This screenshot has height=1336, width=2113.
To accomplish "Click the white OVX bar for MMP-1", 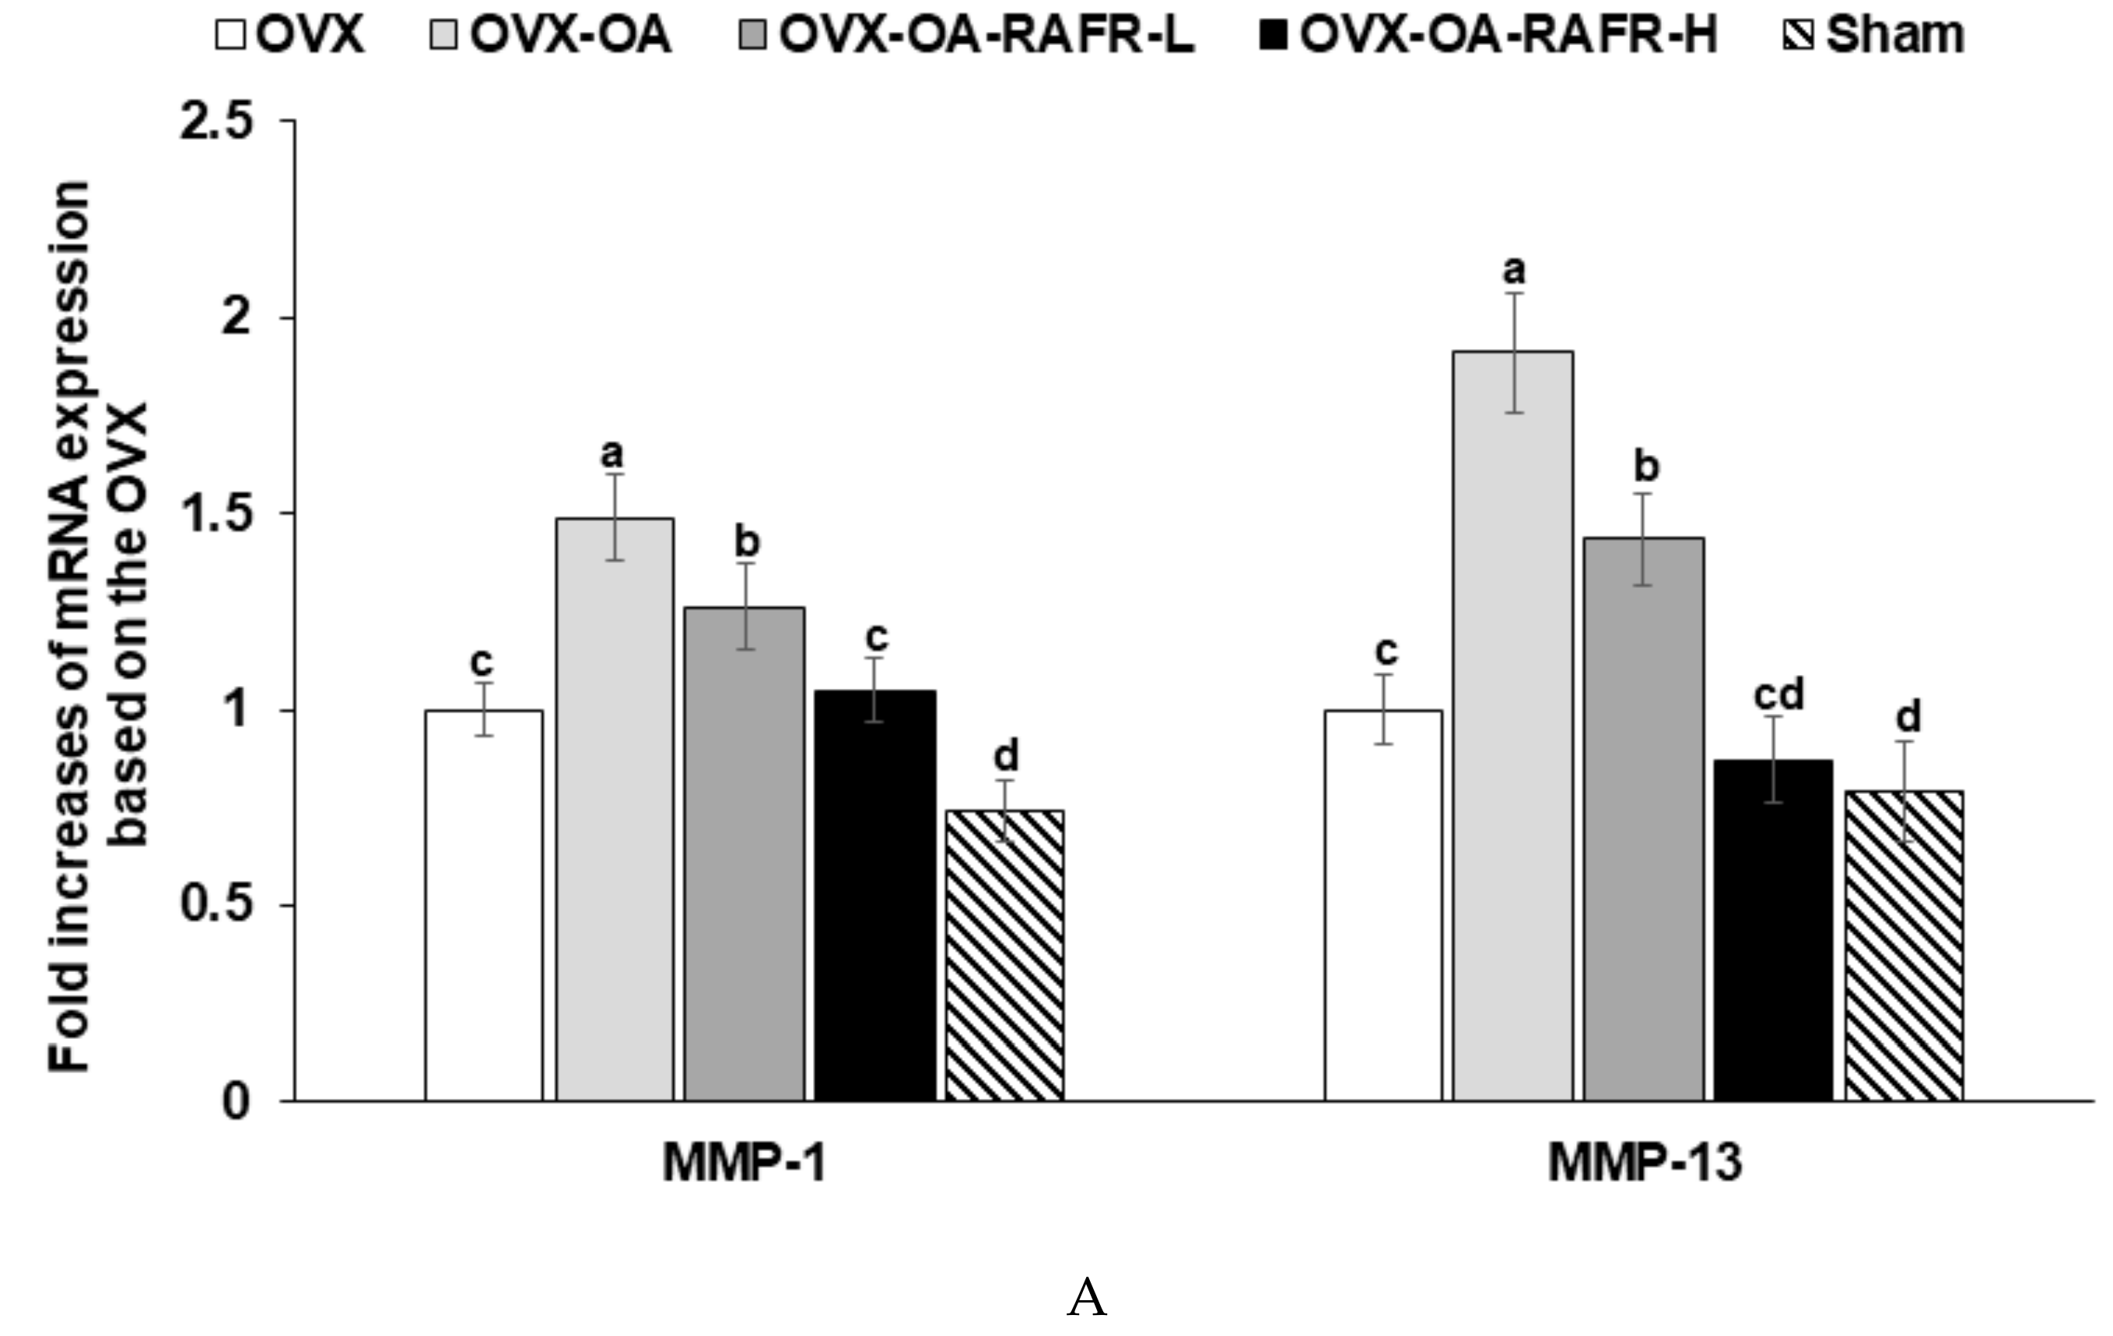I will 483,904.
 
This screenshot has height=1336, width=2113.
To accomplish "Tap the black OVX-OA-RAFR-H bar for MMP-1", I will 875,895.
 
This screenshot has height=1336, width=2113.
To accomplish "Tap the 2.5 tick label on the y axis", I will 216,121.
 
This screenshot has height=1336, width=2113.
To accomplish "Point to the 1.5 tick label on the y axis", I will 216,514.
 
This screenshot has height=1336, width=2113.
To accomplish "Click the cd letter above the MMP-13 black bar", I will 1778,696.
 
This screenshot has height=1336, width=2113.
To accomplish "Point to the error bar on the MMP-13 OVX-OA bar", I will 1514,351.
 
